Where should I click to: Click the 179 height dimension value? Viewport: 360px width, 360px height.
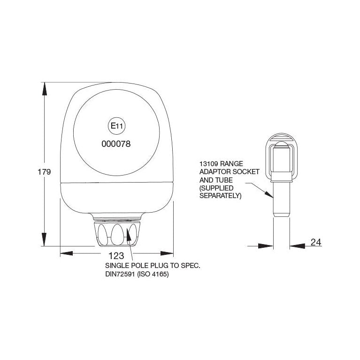tap(44, 172)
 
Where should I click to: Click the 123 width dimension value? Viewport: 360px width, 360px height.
tap(115, 255)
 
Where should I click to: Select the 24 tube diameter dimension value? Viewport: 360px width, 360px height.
tap(316, 243)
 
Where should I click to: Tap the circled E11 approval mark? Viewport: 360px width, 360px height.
tap(115, 126)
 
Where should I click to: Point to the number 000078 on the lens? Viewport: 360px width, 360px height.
tap(115, 145)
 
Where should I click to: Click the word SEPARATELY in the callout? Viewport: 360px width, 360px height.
tap(220, 195)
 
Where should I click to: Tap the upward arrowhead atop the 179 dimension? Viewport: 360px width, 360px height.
tap(45, 89)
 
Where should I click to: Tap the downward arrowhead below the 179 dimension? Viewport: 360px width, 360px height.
tap(45, 239)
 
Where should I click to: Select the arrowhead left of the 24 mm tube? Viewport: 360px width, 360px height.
tap(267, 245)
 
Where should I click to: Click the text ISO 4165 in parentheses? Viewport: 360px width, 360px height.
tap(155, 275)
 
